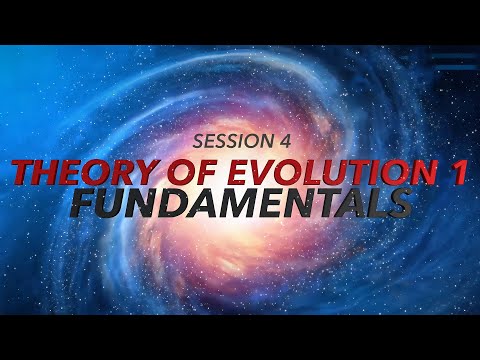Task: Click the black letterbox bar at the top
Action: point(240,20)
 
